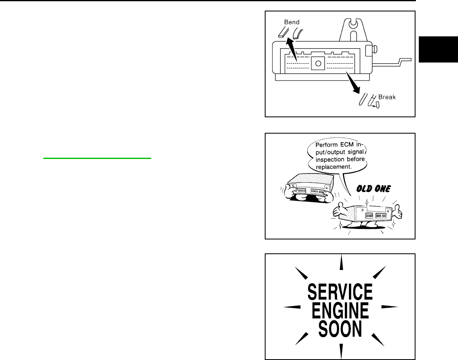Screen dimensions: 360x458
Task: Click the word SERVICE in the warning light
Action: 340,293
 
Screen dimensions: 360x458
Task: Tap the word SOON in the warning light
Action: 340,330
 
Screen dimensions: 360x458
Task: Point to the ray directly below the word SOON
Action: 341,350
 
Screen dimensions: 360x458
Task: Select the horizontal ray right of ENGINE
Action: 391,306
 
